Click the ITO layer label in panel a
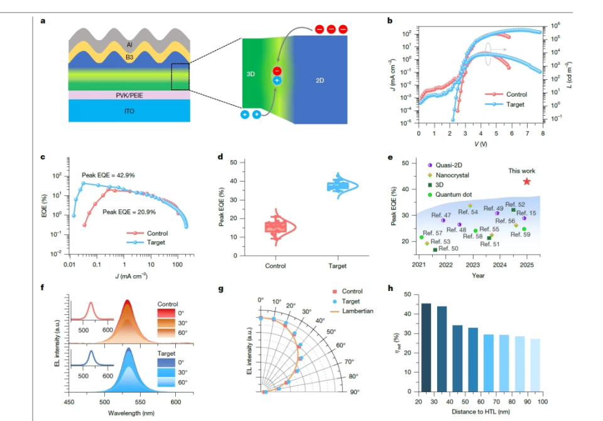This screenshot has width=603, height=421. [129, 111]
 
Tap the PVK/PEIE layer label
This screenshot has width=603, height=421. [129, 95]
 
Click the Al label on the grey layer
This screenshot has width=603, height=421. [129, 45]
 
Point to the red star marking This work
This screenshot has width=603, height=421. [526, 182]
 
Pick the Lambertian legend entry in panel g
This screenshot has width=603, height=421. [358, 312]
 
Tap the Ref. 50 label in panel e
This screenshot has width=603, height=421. [448, 249]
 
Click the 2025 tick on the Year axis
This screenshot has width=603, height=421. [526, 266]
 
